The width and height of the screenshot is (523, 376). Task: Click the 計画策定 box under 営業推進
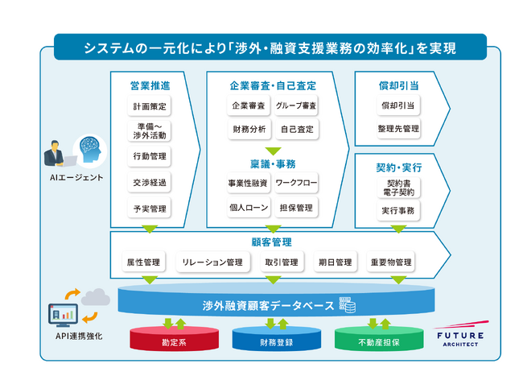coord(149,106)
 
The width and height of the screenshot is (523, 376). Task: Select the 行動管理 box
coord(149,156)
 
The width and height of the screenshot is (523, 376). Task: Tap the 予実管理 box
coord(149,209)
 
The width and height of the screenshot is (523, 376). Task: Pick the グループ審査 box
coord(296,106)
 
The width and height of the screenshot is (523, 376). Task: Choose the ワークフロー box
coord(296,184)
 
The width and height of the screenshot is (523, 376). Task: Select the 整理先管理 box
coord(399,128)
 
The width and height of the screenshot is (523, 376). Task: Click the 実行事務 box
coord(399,210)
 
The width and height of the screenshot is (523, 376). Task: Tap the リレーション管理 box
coord(212,262)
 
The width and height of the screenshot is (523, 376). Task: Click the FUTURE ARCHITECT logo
coord(459,337)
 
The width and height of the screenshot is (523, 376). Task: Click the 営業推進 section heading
coord(149,85)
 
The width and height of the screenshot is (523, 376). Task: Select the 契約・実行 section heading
coord(399,167)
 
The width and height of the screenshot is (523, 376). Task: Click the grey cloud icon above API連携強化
coord(95,295)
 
